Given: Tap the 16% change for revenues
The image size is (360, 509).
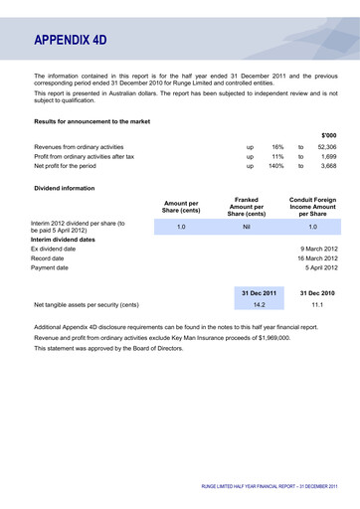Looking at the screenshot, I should [x=277, y=146].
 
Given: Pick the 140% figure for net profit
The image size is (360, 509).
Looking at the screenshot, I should [x=275, y=166].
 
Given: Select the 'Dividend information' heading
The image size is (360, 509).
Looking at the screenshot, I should [x=65, y=187].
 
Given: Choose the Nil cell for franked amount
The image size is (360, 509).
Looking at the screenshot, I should [x=246, y=228].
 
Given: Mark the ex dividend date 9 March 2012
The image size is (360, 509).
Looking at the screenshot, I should [x=319, y=249].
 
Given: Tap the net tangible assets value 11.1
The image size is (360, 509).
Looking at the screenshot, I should [x=315, y=305].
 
